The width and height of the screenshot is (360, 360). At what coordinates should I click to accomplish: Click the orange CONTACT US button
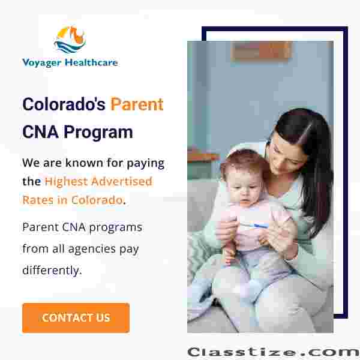(76, 318)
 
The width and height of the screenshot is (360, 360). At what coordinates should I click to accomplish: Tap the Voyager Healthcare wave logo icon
(70, 39)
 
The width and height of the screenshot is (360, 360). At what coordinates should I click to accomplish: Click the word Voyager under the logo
(42, 62)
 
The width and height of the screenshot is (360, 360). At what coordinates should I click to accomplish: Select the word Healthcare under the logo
(91, 62)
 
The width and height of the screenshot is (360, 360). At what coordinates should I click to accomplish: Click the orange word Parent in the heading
(137, 104)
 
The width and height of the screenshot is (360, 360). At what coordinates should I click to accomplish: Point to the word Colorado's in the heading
(64, 104)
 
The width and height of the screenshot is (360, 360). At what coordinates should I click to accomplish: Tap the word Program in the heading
(98, 133)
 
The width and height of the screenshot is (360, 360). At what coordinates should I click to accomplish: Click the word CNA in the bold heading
(40, 132)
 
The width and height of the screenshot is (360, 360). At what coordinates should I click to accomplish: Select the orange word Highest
(66, 182)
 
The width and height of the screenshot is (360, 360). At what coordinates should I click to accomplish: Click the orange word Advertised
(122, 181)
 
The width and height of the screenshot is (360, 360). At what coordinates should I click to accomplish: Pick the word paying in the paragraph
(146, 164)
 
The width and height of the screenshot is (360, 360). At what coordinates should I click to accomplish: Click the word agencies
(92, 249)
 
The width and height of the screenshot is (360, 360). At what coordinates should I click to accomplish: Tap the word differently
(51, 270)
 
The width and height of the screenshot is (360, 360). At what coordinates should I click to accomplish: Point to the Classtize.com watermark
(273, 352)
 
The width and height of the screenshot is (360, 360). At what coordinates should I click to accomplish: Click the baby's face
(244, 188)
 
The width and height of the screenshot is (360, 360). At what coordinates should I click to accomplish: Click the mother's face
(287, 156)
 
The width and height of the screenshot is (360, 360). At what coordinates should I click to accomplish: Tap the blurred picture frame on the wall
(262, 51)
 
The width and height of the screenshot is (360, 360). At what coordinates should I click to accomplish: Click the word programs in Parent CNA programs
(115, 228)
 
